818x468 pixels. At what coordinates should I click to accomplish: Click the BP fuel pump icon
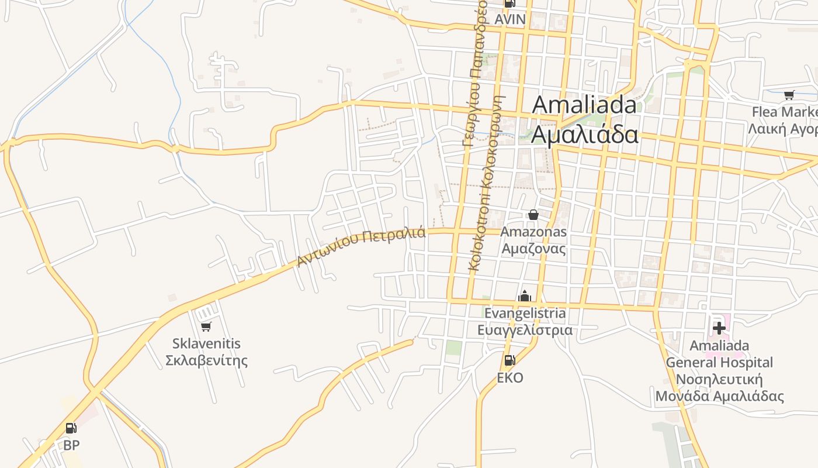coord(71,428)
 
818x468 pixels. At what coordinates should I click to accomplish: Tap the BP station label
coord(71,445)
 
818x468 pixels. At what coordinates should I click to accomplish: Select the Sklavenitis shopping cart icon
coord(206,326)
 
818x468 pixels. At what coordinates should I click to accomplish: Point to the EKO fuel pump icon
coord(510,360)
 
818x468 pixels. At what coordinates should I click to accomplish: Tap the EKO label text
coord(510,378)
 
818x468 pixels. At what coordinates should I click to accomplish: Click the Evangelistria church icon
coord(525,297)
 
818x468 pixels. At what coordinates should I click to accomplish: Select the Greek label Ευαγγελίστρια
coord(525,331)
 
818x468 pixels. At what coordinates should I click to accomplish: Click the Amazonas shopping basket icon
coord(533,215)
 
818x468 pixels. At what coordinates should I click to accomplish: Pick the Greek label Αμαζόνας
coord(534,249)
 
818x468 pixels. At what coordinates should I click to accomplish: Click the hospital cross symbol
coord(719,328)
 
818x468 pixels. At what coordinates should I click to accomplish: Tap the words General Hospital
coord(719,363)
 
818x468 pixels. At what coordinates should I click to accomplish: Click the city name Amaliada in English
coord(584,105)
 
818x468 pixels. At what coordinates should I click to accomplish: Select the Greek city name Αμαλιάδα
coord(584,135)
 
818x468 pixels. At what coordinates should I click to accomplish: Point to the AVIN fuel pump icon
coord(509,4)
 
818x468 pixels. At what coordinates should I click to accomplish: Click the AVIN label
coord(510,19)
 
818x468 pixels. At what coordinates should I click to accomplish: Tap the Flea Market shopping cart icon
coord(789,95)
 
